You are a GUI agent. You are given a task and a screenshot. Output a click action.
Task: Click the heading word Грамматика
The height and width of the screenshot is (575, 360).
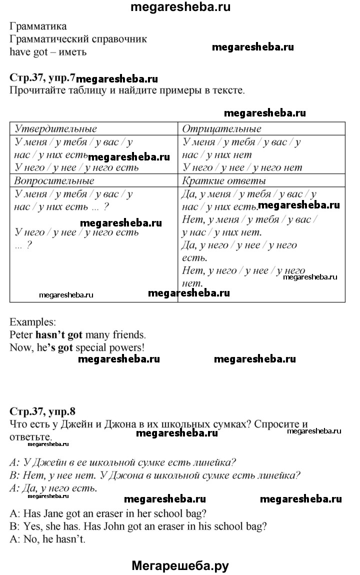point(38,26)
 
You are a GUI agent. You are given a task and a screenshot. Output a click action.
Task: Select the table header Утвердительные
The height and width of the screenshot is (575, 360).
point(56,129)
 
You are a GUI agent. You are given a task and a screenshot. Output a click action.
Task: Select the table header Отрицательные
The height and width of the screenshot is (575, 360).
point(222,129)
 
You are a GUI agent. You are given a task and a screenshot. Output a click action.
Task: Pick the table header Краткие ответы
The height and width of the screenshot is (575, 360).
point(224,180)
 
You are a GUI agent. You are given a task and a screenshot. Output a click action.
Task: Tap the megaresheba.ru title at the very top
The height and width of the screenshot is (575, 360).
point(180,7)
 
